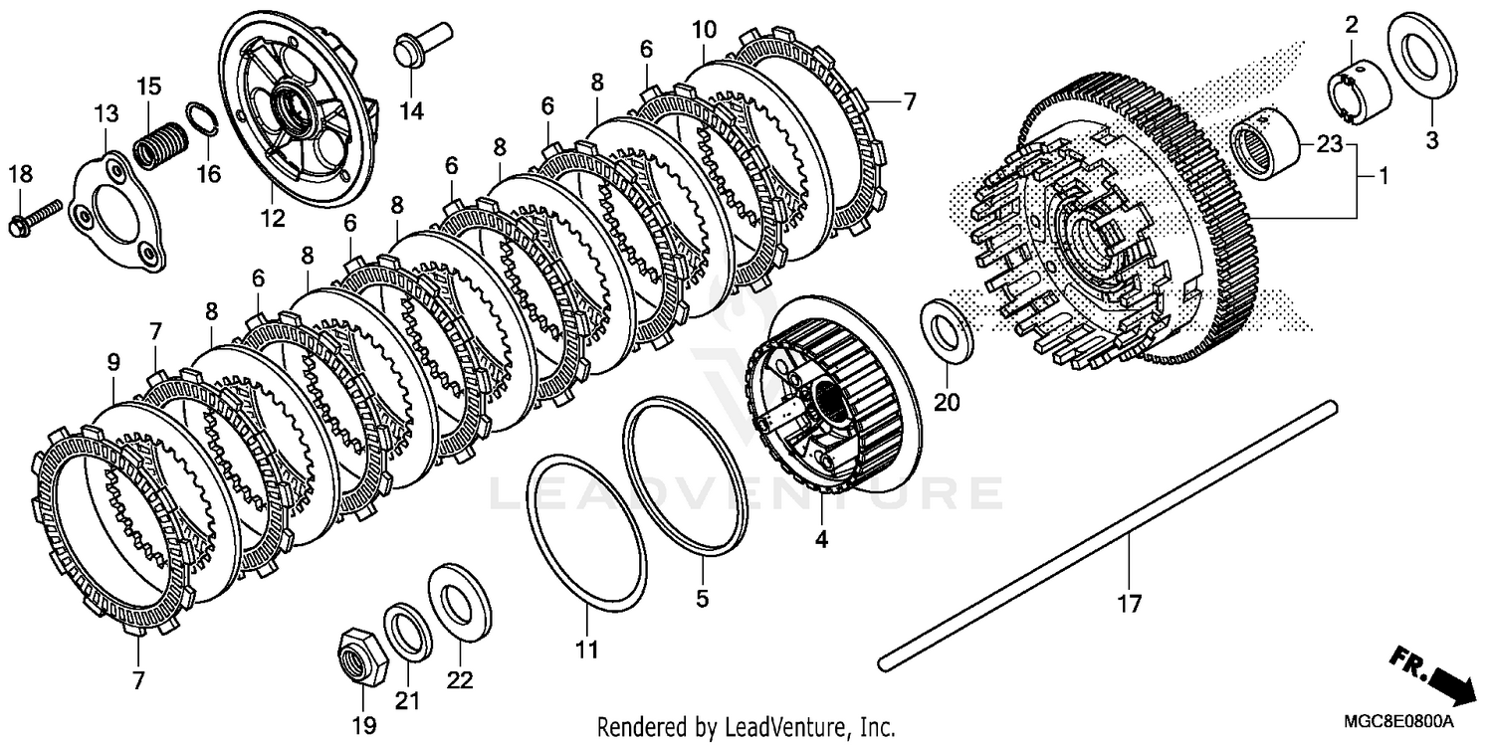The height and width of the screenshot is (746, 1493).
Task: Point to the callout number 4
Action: point(821,540)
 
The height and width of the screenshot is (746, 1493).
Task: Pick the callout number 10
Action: point(704,31)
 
